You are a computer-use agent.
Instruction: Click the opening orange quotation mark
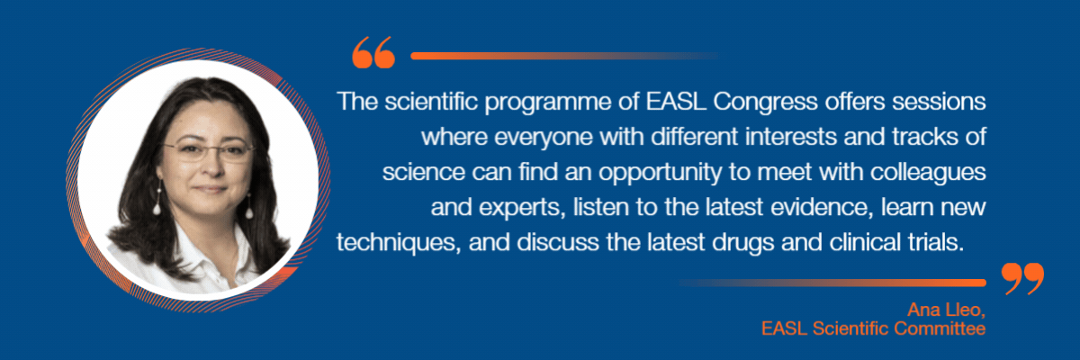tap(373, 52)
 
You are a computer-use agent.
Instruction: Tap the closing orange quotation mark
tap(1022, 279)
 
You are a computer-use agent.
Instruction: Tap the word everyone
tap(544, 138)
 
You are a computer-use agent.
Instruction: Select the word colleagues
tap(928, 173)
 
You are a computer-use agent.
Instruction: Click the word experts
tap(522, 208)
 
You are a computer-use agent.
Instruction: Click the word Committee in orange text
tap(940, 328)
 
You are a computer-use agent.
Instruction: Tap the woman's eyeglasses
tap(207, 152)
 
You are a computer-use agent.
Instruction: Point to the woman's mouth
tap(211, 188)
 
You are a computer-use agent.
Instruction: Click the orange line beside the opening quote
tap(565, 56)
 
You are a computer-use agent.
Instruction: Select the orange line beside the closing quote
tap(832, 283)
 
